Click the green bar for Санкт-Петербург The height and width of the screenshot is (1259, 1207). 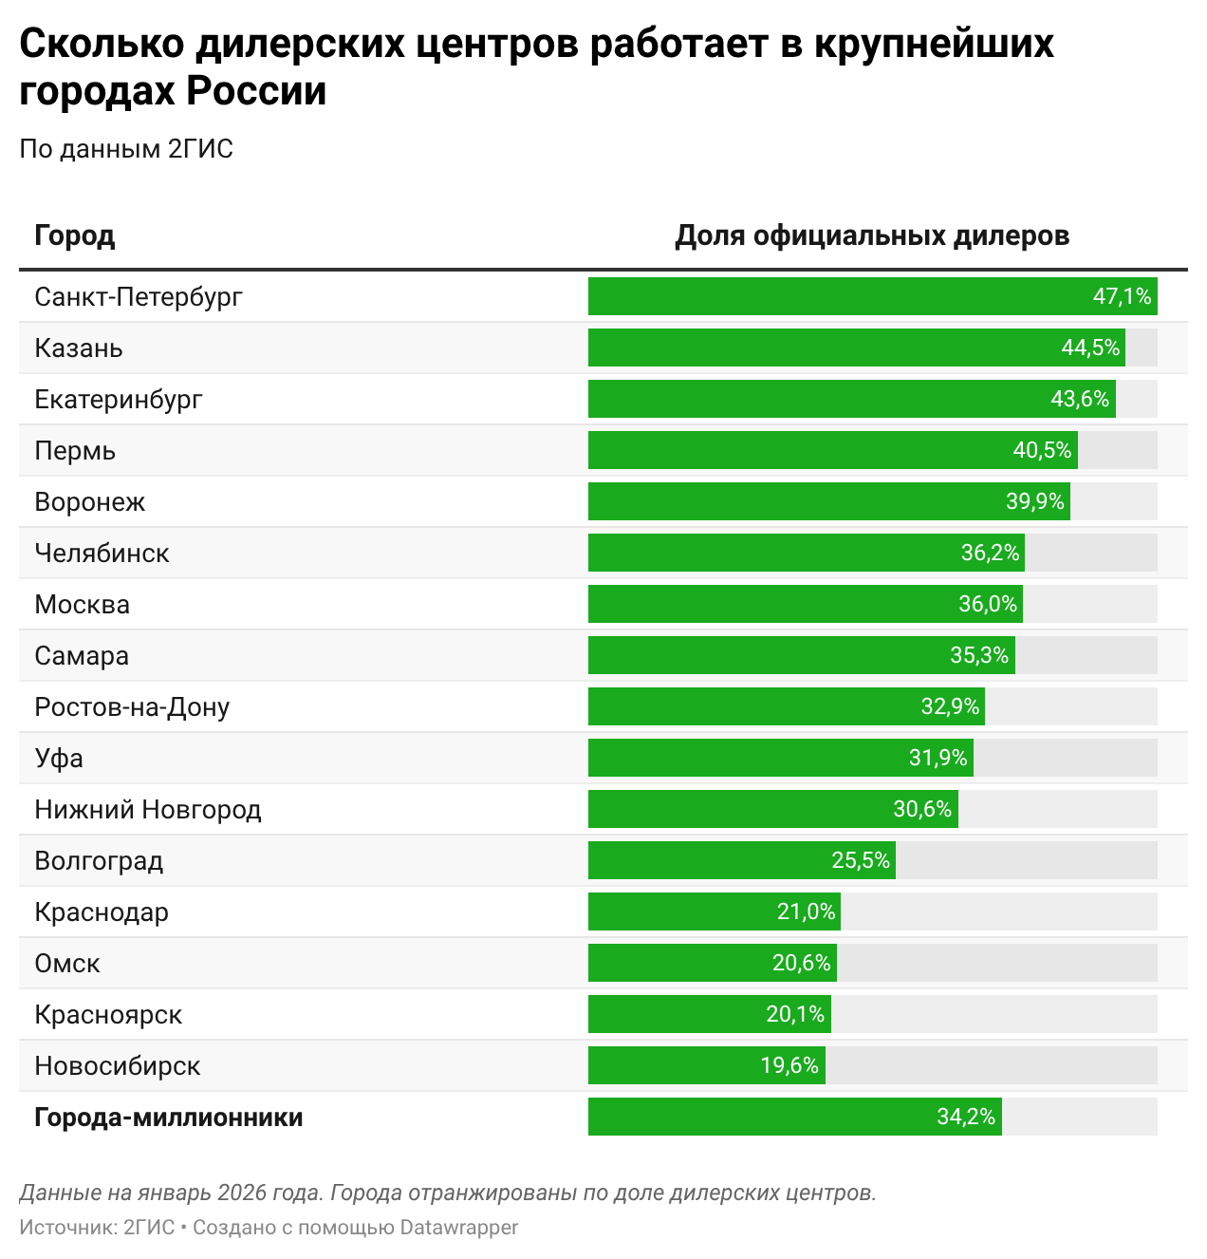[x=835, y=296]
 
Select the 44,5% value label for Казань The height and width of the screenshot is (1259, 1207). [x=1090, y=348]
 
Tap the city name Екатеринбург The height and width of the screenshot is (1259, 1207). [x=119, y=399]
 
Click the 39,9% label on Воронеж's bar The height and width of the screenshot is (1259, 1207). [x=1035, y=501]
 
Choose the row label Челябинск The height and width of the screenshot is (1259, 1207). [x=102, y=553]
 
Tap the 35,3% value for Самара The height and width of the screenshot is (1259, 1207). [x=979, y=655]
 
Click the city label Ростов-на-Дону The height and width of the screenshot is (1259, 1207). [x=132, y=706]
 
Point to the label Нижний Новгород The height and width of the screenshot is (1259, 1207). [x=148, y=809]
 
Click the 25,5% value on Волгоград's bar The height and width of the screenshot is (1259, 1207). [x=861, y=860]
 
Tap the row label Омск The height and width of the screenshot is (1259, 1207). [x=67, y=963]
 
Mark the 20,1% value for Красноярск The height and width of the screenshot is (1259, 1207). [x=795, y=1014]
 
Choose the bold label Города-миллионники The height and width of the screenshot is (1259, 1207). [x=169, y=1117]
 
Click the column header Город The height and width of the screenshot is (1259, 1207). [x=75, y=235]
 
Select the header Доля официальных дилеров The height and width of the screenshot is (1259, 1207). [x=872, y=235]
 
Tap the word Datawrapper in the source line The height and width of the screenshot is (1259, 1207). [x=459, y=1227]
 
